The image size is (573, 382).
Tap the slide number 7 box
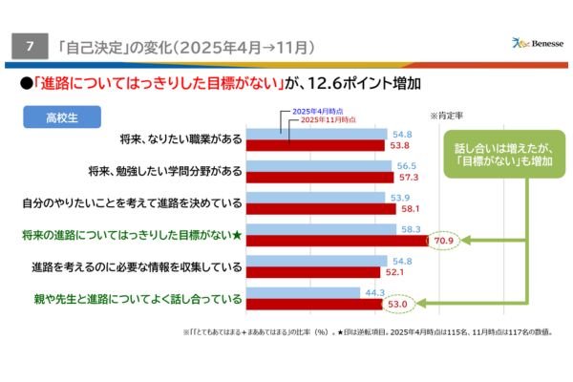[x=31, y=45]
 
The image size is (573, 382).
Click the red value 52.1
[x=398, y=272]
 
